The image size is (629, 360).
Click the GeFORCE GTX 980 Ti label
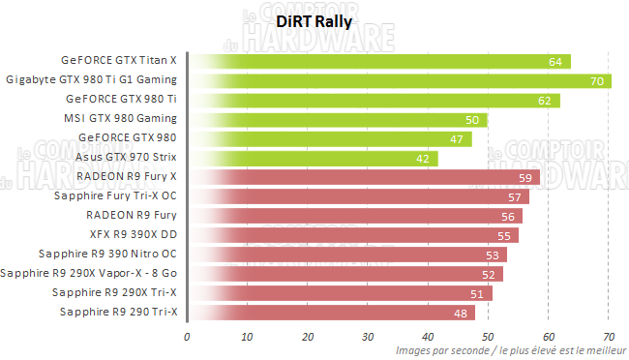[122, 99]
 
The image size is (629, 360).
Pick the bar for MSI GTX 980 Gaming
[337, 119]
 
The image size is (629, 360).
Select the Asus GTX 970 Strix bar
[313, 158]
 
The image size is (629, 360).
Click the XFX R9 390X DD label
[131, 234]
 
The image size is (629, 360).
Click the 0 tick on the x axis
[187, 337]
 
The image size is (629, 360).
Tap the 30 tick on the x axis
[368, 337]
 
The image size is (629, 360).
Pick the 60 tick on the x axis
[549, 337]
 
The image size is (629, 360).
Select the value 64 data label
[555, 61]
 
